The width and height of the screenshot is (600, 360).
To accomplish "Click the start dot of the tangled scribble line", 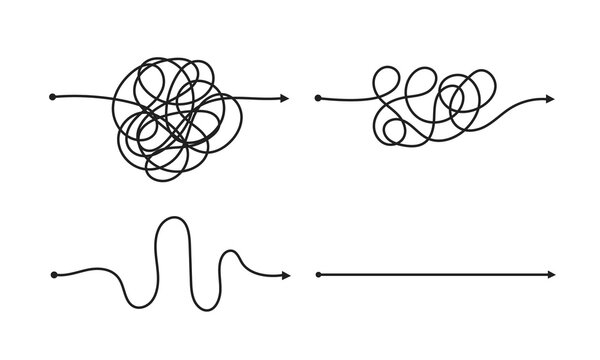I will [x=51, y=97].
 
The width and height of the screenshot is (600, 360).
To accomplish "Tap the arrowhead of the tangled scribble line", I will [x=285, y=97].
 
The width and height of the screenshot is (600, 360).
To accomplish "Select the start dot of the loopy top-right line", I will [x=317, y=97].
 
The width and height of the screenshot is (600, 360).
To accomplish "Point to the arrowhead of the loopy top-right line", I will [x=552, y=97].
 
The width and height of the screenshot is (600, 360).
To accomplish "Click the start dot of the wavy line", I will [x=51, y=273].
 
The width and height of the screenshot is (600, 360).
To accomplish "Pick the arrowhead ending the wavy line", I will [x=285, y=273].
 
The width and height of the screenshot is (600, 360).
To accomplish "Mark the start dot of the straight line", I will [x=317, y=273].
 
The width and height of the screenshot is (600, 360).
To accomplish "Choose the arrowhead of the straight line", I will [x=552, y=273].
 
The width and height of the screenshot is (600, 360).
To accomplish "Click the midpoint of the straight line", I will [x=435, y=273].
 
